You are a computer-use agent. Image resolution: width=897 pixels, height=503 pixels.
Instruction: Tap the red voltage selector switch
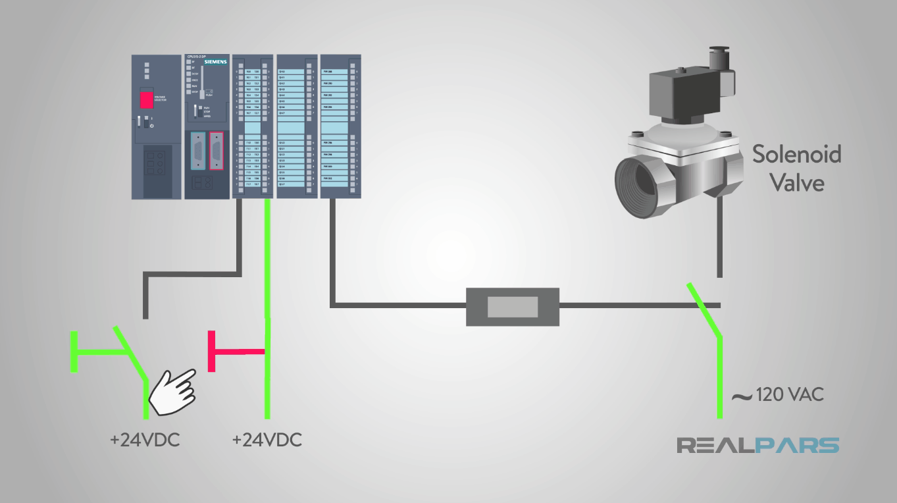pyautogui.click(x=145, y=99)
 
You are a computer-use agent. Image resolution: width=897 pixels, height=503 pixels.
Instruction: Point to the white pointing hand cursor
pyautogui.click(x=172, y=390)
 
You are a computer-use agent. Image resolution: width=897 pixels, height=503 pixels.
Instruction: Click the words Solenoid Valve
pyautogui.click(x=797, y=168)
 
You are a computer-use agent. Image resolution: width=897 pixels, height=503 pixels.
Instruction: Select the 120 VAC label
pyautogui.click(x=790, y=395)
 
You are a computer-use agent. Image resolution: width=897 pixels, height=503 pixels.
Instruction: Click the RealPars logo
pyautogui.click(x=758, y=445)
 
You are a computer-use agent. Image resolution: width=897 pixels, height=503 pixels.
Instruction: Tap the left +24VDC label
pyautogui.click(x=145, y=440)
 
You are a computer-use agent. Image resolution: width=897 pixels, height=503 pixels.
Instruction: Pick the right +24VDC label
pyautogui.click(x=267, y=440)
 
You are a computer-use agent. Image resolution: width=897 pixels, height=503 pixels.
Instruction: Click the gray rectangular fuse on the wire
pyautogui.click(x=512, y=307)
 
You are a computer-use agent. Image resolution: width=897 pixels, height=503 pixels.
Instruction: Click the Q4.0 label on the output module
pyautogui.click(x=282, y=71)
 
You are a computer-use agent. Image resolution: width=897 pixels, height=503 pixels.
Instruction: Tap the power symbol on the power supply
pyautogui.click(x=151, y=125)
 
